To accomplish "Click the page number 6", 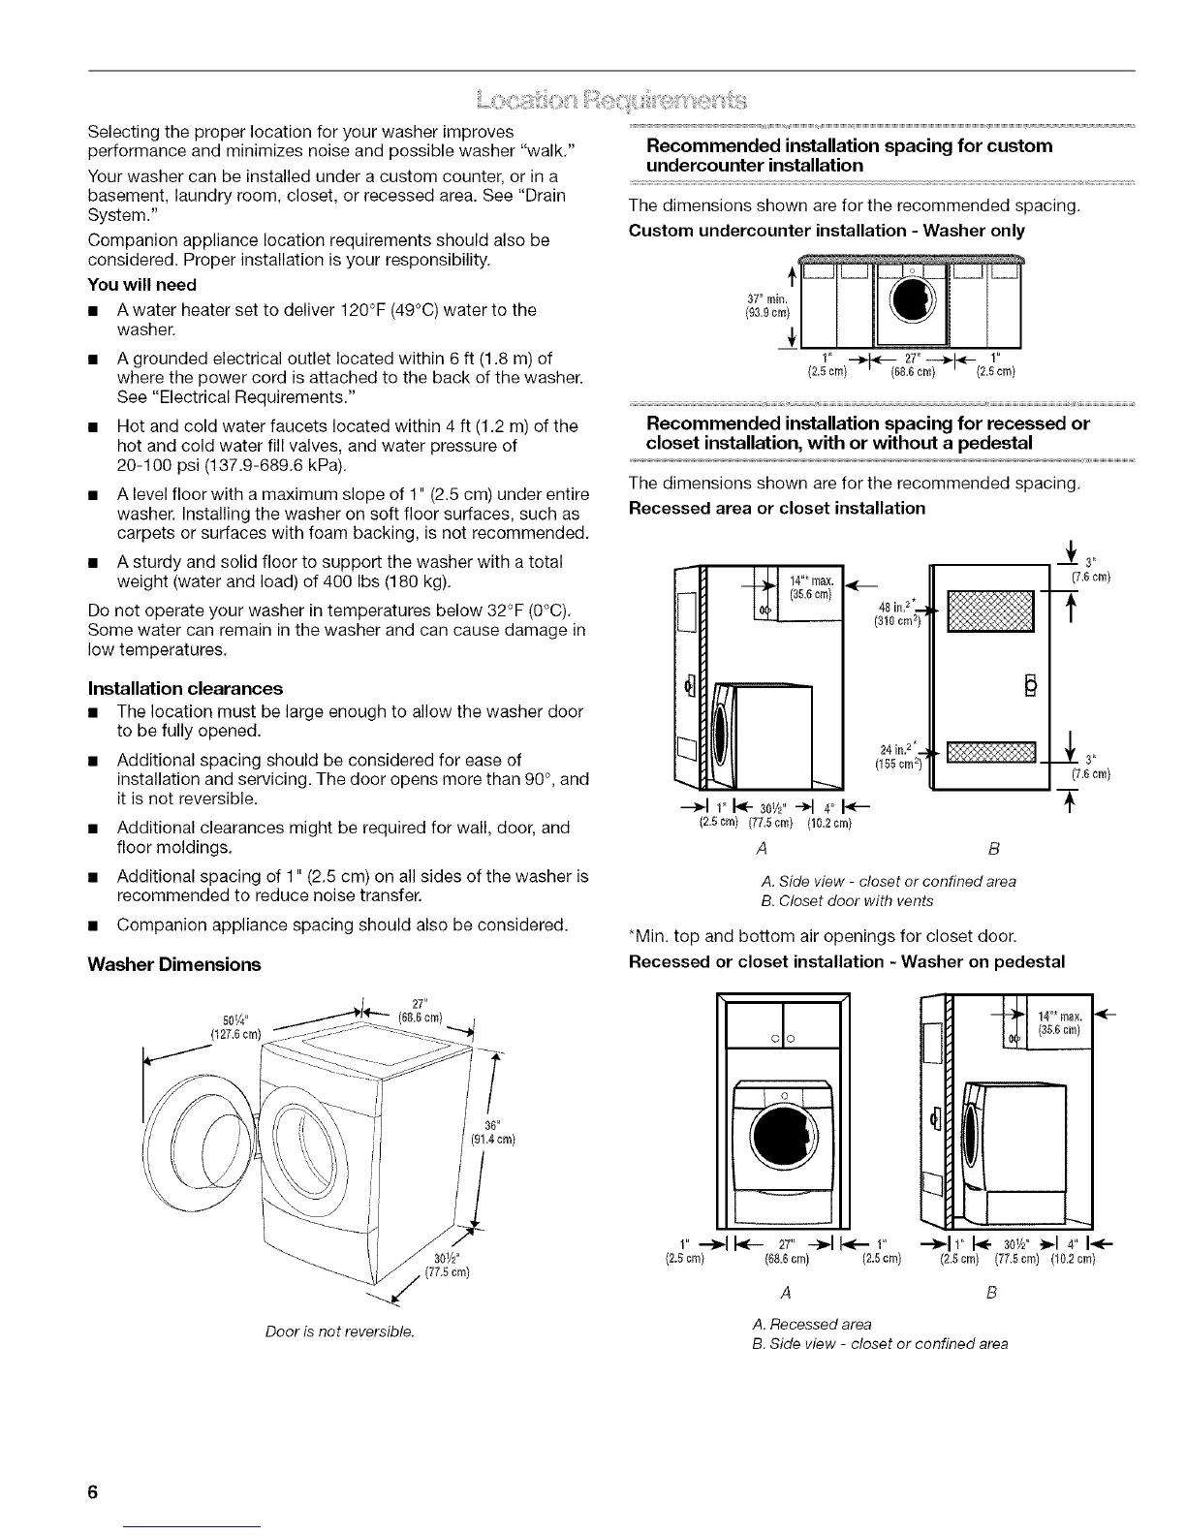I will click(x=93, y=1491).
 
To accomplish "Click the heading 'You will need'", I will click(x=141, y=285).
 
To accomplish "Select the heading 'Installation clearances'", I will click(x=185, y=689).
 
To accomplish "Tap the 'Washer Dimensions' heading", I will click(x=174, y=965).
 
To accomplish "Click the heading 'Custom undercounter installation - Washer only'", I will click(x=827, y=232).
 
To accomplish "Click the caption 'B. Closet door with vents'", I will click(x=848, y=901).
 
